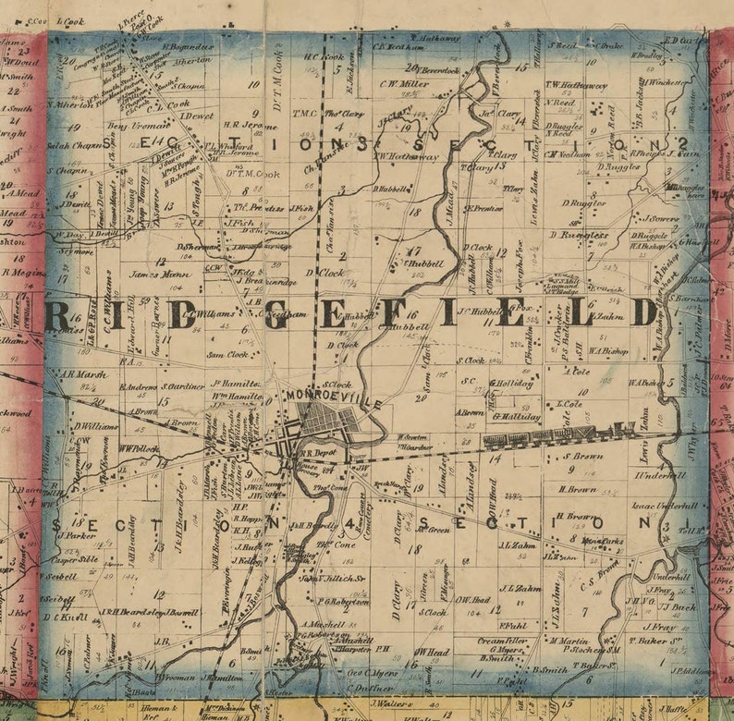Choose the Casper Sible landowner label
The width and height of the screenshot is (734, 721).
click(x=76, y=559)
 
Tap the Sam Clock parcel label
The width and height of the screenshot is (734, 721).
click(x=227, y=353)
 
